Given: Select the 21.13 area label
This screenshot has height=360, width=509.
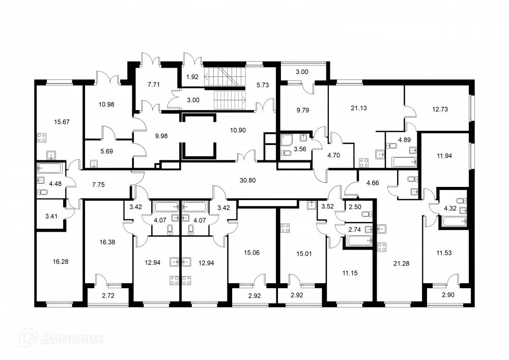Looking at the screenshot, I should pyautogui.click(x=359, y=108).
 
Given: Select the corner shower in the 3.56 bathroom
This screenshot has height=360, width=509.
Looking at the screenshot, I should pyautogui.click(x=286, y=140).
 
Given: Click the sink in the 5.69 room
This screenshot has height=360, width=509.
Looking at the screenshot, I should pyautogui.click(x=94, y=164).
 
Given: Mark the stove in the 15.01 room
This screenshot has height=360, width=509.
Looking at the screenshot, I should pyautogui.click(x=284, y=229).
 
